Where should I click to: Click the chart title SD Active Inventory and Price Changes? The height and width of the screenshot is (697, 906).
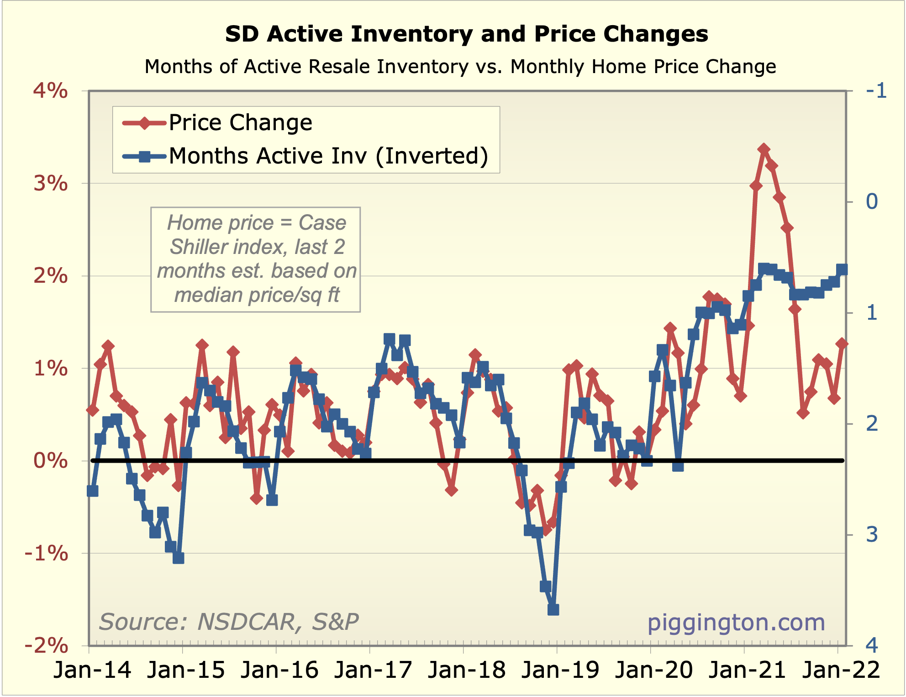[466, 34]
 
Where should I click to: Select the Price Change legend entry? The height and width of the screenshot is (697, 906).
[240, 122]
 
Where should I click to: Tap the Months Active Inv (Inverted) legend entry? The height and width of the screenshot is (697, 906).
[328, 156]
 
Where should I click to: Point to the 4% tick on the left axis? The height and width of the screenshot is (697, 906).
[51, 91]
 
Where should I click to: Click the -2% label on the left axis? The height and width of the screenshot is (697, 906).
[47, 645]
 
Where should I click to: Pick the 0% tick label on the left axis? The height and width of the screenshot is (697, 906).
[51, 460]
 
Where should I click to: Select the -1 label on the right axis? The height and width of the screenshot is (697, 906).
[876, 91]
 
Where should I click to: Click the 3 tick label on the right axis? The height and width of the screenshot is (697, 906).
[872, 534]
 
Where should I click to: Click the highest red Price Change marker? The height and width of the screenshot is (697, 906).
[764, 149]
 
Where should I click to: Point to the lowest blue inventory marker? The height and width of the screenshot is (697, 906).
[553, 610]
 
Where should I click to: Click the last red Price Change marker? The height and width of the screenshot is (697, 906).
[842, 343]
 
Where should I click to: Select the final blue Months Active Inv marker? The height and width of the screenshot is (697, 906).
[842, 269]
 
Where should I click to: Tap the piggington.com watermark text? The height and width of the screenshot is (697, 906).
[736, 623]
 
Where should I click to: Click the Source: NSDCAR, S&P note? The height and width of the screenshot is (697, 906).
[229, 622]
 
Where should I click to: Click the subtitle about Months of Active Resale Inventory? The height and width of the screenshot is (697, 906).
[460, 67]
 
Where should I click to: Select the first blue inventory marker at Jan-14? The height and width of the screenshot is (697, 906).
[92, 491]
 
